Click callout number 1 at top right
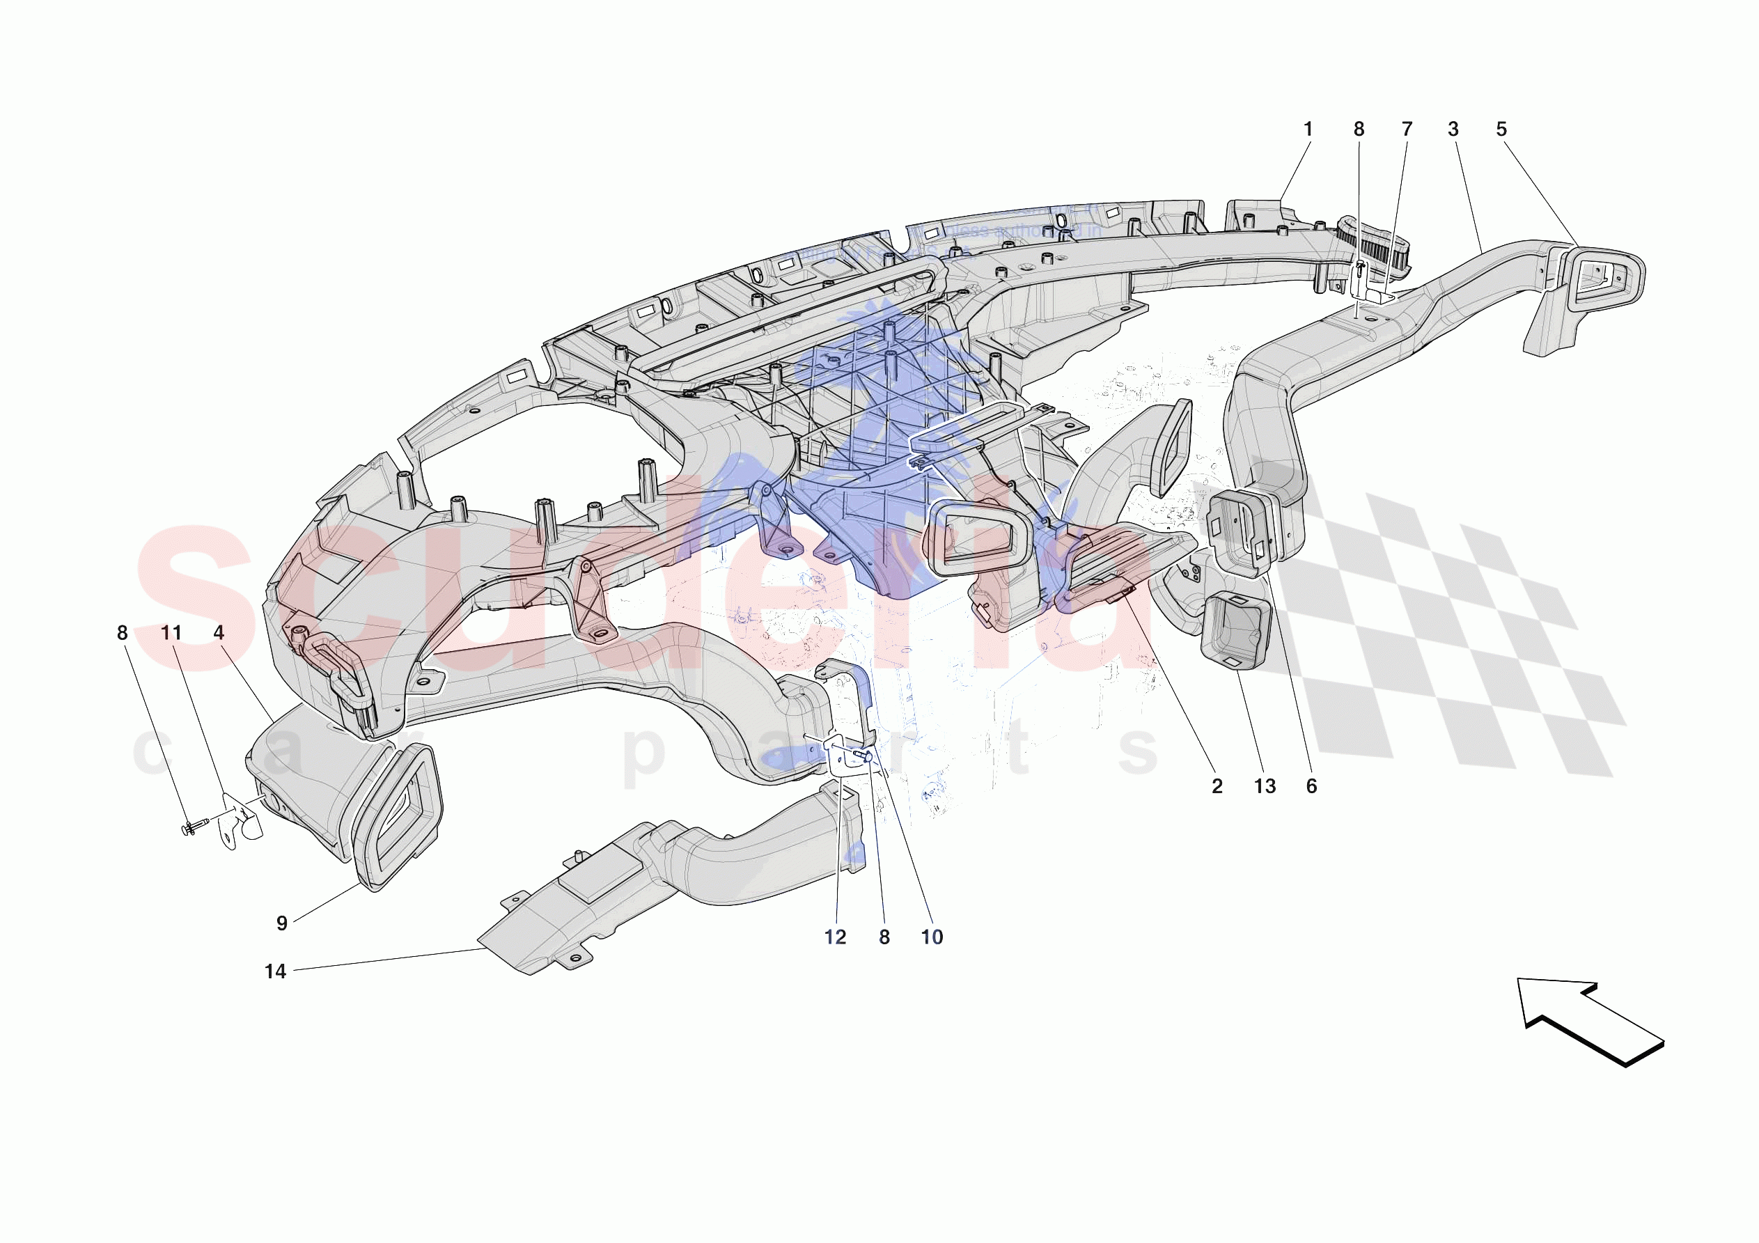pos(1308,130)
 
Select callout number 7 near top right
pos(1407,130)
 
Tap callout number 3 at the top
pos(1453,130)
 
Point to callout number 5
pos(1501,130)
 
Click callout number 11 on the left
pos(171,633)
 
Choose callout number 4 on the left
pos(219,633)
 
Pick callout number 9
pos(282,923)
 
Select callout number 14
pos(275,971)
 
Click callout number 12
pos(835,937)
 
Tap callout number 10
pos(932,937)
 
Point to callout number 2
pos(1217,786)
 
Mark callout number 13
pos(1265,786)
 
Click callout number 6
pos(1311,786)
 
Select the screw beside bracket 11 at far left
pos(196,826)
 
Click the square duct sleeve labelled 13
pos(1235,632)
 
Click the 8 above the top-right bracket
pos(1359,130)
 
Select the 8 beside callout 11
pos(123,633)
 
